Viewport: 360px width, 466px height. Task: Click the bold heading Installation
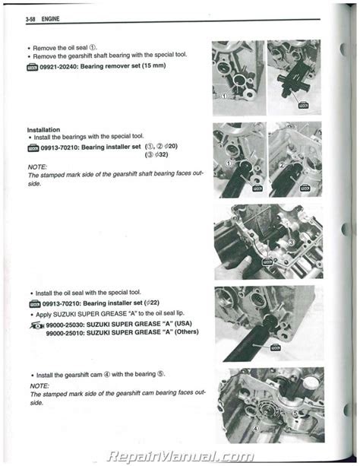[x=43, y=129]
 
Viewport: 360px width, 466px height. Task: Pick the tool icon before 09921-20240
[x=34, y=68]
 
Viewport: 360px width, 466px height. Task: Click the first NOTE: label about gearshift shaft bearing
[x=37, y=166]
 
